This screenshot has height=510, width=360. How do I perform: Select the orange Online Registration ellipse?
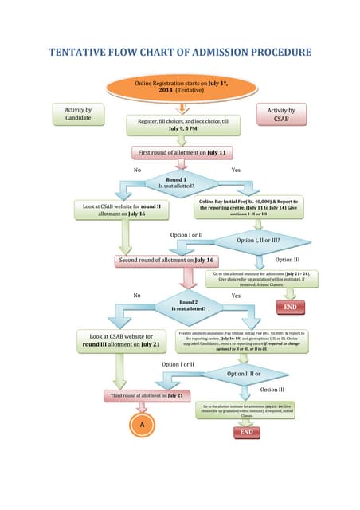coord(180,87)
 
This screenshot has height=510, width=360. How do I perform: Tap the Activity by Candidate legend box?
coord(77,115)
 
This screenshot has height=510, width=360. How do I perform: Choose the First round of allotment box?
coord(182,151)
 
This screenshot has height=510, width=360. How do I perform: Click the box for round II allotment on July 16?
coord(122,209)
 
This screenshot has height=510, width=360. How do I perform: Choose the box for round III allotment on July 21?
coord(121,340)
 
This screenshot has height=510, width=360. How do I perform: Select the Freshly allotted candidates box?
coord(243,340)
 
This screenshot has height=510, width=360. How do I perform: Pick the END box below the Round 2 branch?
coord(246,431)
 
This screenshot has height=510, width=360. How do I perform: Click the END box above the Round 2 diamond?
coord(291,307)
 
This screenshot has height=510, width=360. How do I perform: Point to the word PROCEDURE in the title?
coord(270,53)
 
